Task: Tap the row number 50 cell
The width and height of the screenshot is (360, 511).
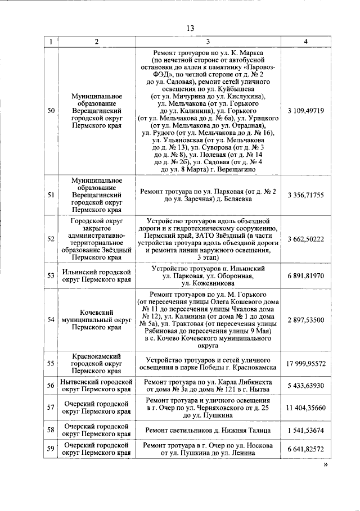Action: pyautogui.click(x=51, y=111)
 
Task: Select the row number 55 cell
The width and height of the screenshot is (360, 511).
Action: pyautogui.click(x=51, y=363)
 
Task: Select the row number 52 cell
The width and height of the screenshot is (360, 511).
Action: pyautogui.click(x=51, y=239)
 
